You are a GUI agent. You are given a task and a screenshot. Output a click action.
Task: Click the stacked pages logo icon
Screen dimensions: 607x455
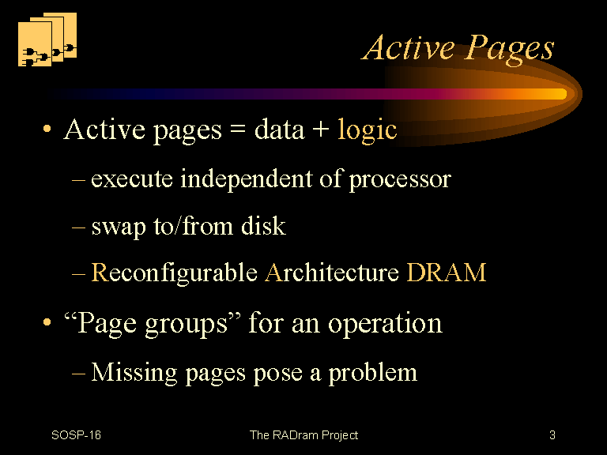[x=47, y=39]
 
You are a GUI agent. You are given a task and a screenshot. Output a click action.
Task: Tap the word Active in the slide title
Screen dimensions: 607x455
[x=409, y=47]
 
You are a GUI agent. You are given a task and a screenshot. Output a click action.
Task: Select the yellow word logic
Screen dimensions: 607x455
[x=367, y=130]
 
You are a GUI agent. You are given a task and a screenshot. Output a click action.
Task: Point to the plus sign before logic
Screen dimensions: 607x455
[x=321, y=130]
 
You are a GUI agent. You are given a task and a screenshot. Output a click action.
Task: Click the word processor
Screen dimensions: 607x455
[x=400, y=180]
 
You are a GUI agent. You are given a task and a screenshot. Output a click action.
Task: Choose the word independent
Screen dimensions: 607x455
[x=247, y=178]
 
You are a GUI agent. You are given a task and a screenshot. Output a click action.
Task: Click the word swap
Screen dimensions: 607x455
[x=119, y=227]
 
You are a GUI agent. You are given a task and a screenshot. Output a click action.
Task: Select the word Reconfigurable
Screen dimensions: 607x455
[x=174, y=273]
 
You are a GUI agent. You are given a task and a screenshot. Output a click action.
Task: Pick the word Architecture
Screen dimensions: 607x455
[x=332, y=273]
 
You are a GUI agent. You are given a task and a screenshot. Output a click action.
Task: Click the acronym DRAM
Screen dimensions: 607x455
[x=447, y=273]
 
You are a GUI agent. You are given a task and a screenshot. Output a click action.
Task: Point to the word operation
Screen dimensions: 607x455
[x=385, y=323]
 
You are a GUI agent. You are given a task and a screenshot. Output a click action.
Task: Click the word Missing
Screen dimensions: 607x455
[x=134, y=373]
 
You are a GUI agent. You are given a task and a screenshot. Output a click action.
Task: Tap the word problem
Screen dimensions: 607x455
[x=373, y=374]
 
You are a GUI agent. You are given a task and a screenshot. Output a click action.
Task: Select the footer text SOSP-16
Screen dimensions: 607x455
[x=76, y=435]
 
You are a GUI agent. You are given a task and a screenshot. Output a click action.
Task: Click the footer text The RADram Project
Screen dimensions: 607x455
[x=303, y=436]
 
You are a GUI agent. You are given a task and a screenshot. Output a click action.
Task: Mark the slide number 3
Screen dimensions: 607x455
[x=552, y=435]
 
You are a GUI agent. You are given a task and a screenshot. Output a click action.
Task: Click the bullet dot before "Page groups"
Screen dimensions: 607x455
[x=47, y=322]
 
